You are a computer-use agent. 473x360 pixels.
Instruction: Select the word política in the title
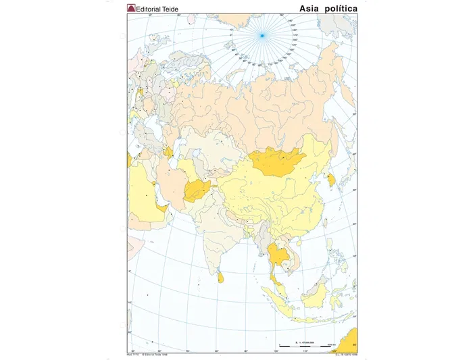tap(343, 7)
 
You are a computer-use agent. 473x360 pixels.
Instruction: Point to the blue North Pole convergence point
tap(262, 35)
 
